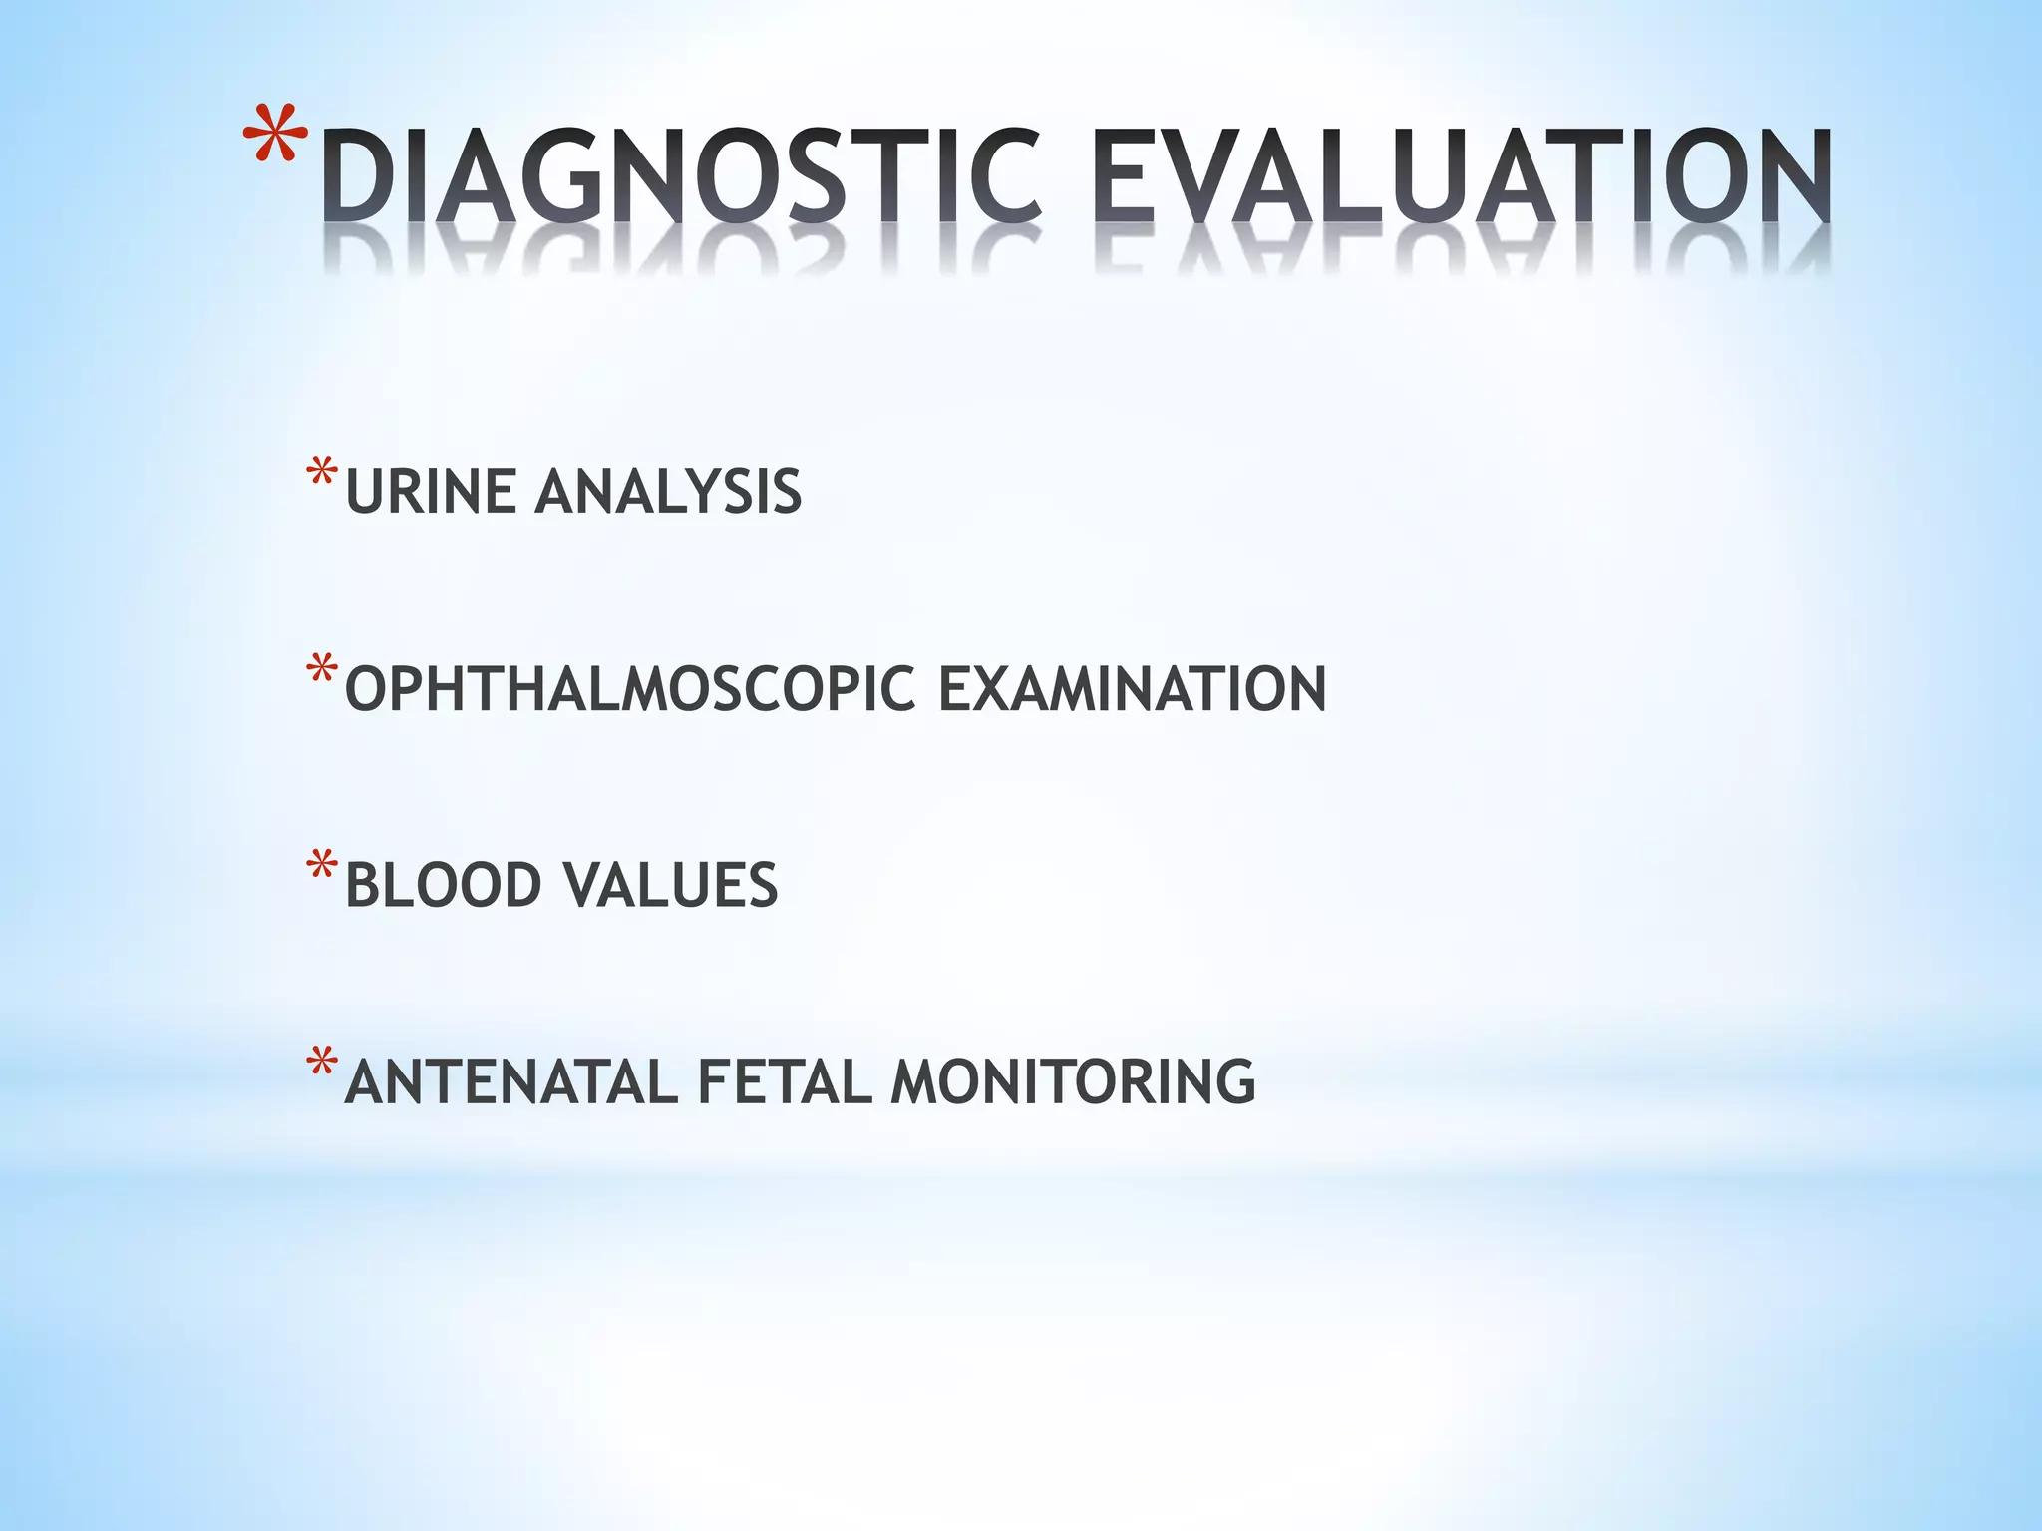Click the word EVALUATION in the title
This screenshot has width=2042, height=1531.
click(x=1462, y=176)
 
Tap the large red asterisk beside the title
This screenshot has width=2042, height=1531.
click(x=276, y=135)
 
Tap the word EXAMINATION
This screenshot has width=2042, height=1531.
click(x=1133, y=689)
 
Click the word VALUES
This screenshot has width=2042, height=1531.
click(x=670, y=885)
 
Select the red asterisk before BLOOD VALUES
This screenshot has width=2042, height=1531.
click(x=322, y=865)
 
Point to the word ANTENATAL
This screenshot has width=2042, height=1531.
click(x=511, y=1082)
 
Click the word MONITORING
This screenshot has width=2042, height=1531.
click(x=1073, y=1082)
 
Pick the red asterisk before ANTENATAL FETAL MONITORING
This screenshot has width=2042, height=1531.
click(x=322, y=1063)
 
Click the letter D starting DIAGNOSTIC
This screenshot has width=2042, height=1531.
click(x=357, y=176)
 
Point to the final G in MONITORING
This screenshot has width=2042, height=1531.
click(x=1233, y=1082)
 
